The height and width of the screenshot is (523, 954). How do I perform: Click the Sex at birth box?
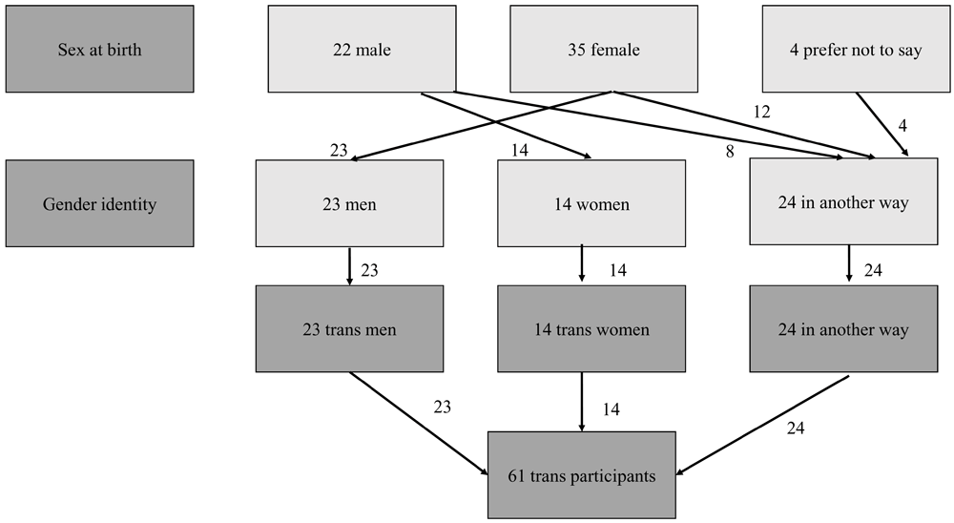(99, 49)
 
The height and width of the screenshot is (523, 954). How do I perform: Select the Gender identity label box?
(99, 203)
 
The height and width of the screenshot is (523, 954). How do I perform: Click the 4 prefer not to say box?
(856, 50)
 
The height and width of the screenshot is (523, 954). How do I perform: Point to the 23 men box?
(349, 204)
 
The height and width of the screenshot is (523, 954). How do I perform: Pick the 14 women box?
(591, 204)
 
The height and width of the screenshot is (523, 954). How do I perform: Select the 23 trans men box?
(349, 330)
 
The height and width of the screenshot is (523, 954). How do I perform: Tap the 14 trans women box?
(591, 330)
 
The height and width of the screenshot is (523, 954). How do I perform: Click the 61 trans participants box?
(582, 475)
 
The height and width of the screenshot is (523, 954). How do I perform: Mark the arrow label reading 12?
(762, 112)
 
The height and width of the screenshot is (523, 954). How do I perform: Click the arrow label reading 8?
(730, 150)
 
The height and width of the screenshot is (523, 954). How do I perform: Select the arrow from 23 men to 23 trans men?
(349, 266)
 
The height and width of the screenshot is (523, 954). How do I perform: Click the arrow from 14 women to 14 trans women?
(583, 266)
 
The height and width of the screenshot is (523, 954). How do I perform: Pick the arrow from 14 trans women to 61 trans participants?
(582, 401)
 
